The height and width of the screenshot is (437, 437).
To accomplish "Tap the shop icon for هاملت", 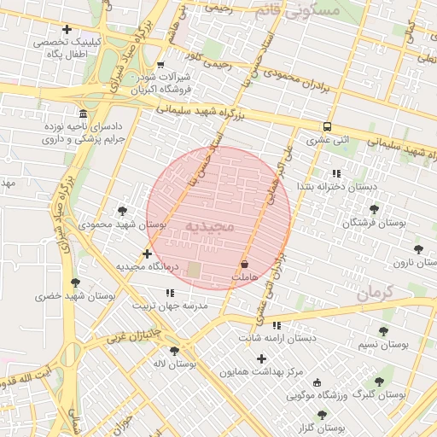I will point(246,264).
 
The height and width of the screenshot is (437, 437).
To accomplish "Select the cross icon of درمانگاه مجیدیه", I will point(148,253).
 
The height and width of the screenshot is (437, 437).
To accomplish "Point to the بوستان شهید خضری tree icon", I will point(75,283).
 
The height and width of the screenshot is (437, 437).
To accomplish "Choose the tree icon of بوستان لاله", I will point(175,350).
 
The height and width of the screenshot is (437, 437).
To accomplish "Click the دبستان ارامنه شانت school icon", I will point(276,324).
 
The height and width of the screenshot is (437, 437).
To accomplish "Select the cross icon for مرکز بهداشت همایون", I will point(262,358).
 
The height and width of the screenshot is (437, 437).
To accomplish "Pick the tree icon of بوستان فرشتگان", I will point(374,209).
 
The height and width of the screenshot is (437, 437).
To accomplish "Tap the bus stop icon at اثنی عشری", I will point(328,125).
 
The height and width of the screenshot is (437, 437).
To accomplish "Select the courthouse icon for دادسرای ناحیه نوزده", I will point(83,114).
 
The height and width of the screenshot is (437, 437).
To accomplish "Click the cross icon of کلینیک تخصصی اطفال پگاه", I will point(67,30).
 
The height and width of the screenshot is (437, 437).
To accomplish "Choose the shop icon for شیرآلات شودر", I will point(160,64).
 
